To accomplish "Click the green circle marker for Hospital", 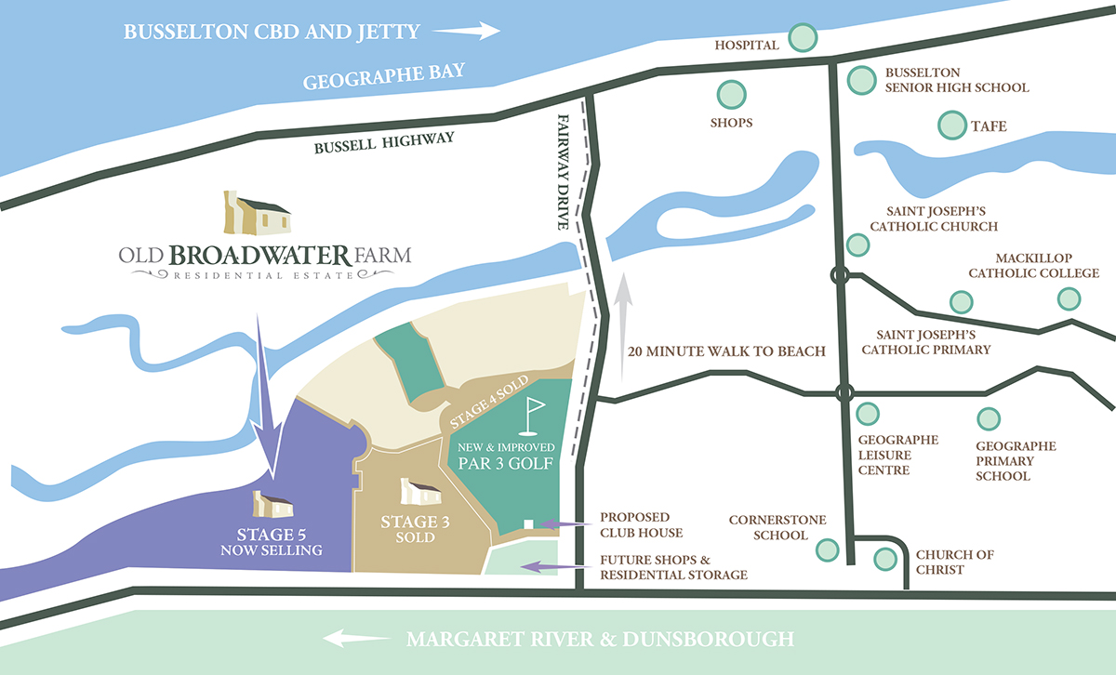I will [803, 38].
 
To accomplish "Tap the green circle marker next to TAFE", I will [951, 125].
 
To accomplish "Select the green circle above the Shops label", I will [731, 95].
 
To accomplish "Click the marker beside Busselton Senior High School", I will [861, 80].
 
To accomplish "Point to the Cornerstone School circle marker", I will [826, 550].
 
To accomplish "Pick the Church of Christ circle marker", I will [886, 560].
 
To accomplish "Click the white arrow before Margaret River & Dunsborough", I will [357, 639].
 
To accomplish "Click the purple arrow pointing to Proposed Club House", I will [564, 524].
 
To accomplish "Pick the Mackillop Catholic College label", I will [1033, 266].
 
